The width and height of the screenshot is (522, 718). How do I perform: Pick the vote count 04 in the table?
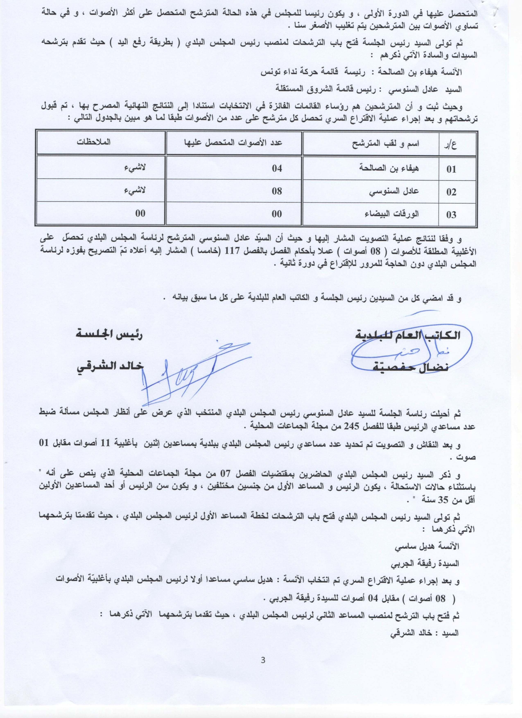(277, 168)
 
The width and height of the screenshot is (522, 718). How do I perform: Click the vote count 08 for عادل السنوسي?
(277, 191)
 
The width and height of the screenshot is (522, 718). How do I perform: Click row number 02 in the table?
(451, 192)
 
